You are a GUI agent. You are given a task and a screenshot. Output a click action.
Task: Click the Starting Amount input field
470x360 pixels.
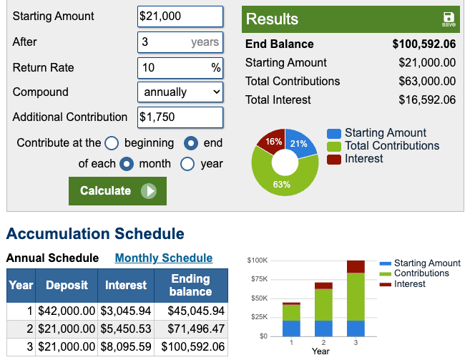click(180, 16)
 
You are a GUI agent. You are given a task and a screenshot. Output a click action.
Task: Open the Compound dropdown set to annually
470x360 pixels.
click(180, 92)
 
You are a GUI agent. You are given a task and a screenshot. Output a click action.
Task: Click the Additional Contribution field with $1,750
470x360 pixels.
click(180, 117)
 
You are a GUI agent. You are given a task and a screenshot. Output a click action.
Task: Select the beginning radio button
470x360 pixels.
click(112, 143)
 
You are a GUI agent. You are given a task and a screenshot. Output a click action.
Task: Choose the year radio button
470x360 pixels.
click(187, 164)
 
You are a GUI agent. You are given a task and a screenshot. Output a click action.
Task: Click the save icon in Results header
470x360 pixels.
click(449, 19)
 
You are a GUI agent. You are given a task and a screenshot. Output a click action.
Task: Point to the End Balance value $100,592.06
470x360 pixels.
click(424, 44)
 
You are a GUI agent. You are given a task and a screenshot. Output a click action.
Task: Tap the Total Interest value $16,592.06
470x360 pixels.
click(426, 100)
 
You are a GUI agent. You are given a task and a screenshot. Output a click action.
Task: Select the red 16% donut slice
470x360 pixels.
click(273, 141)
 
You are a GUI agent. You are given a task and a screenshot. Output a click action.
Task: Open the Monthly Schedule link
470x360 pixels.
click(164, 258)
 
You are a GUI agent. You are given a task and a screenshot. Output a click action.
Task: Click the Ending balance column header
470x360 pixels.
click(190, 285)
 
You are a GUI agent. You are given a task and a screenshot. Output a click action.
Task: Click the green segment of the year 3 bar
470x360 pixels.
click(356, 296)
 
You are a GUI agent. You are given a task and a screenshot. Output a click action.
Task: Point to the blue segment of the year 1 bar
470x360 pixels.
click(291, 328)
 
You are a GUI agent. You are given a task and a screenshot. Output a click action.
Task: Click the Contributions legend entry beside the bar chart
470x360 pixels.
click(421, 273)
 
